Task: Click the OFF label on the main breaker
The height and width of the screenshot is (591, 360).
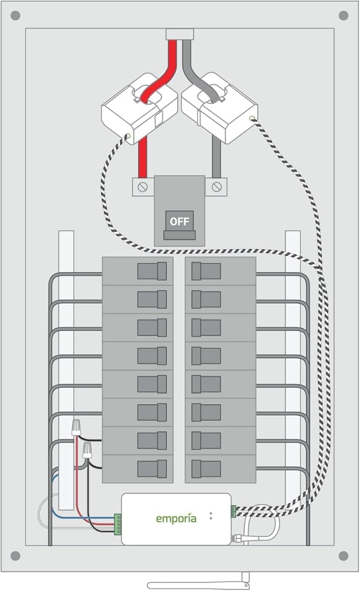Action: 179,221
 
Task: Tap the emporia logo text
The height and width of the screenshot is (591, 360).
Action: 176,518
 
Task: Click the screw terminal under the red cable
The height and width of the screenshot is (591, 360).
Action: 143,187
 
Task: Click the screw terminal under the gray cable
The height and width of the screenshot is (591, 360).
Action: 216,187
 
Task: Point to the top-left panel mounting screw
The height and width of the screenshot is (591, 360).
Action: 15,15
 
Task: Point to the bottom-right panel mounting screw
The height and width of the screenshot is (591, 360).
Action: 344,555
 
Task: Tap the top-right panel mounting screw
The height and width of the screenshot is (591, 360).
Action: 344,15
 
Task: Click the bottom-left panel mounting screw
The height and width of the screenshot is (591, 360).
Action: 15,555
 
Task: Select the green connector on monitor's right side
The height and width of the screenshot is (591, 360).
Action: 233,511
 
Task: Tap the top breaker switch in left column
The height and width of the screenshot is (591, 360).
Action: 153,271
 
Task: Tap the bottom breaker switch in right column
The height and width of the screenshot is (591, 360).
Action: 206,468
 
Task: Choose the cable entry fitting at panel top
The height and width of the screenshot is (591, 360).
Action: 179,34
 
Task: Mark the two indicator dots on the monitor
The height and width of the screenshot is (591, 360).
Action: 211,515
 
